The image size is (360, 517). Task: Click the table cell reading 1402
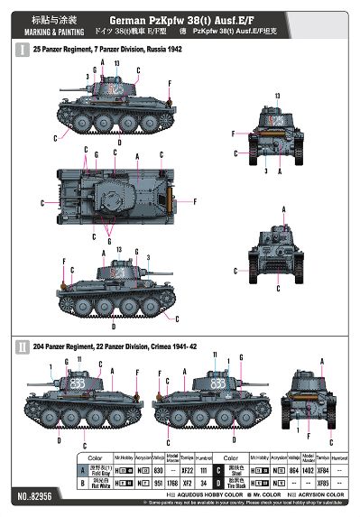(x=307, y=471)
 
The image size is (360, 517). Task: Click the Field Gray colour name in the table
(x=63, y=471)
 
